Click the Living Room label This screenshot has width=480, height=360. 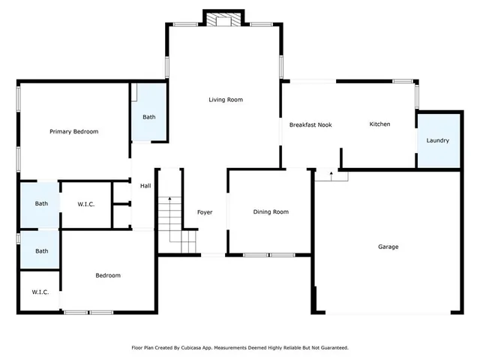point(225,100)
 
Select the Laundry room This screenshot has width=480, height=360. point(437,140)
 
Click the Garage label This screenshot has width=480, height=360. point(388,247)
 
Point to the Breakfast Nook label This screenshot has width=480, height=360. point(310,125)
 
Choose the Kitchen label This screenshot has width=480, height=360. point(379,124)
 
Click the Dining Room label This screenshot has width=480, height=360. point(270,212)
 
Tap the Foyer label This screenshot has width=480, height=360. point(205,212)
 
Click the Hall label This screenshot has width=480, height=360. point(145,186)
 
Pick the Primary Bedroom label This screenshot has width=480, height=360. point(73,131)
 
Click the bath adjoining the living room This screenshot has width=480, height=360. point(149,117)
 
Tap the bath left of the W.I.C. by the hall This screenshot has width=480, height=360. point(41,203)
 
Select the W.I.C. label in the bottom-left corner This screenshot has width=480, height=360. point(40,292)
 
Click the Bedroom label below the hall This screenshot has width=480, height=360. point(107,275)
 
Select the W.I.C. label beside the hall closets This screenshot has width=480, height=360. point(85,204)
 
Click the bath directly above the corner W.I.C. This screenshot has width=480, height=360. point(41,251)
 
